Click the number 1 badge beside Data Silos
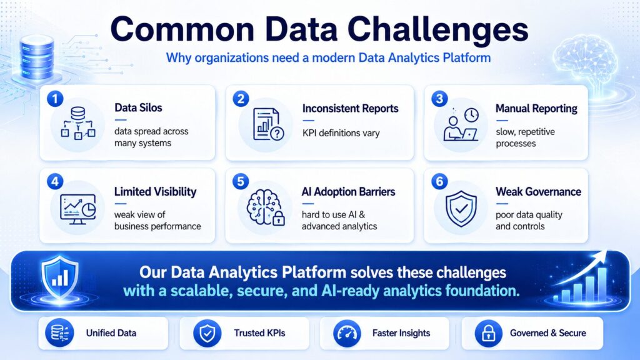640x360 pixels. coord(55,99)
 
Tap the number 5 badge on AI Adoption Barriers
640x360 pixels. coord(241,182)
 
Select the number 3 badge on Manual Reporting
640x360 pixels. coord(439,99)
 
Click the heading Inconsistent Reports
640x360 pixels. coord(350,109)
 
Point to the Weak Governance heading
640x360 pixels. coord(538,192)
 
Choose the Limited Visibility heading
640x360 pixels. coord(155,192)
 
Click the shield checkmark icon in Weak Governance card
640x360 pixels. coord(461,209)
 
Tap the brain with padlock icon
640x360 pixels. coord(266,207)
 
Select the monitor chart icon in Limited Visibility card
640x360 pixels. coord(78,209)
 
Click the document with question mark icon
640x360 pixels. coord(268,124)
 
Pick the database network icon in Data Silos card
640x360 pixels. coord(78,123)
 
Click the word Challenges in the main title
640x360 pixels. coord(437,29)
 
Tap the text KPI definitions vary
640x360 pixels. coord(341,133)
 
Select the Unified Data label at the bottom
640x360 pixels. coord(111,333)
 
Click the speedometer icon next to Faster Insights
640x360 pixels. coord(347,334)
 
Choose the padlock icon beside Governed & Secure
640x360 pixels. coord(489,334)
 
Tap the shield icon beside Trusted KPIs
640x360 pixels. coord(207,334)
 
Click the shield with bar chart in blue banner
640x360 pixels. coord(60,277)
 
